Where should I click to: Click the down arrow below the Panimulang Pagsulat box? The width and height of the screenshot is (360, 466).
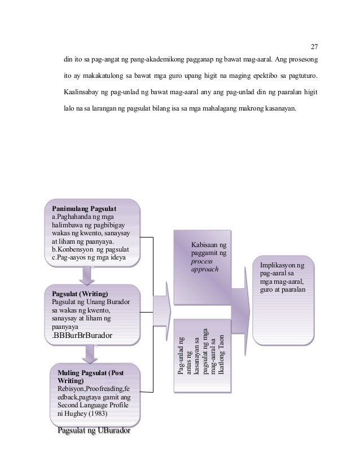coord(88,276)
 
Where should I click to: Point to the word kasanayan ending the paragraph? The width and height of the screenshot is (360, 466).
coord(278,107)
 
